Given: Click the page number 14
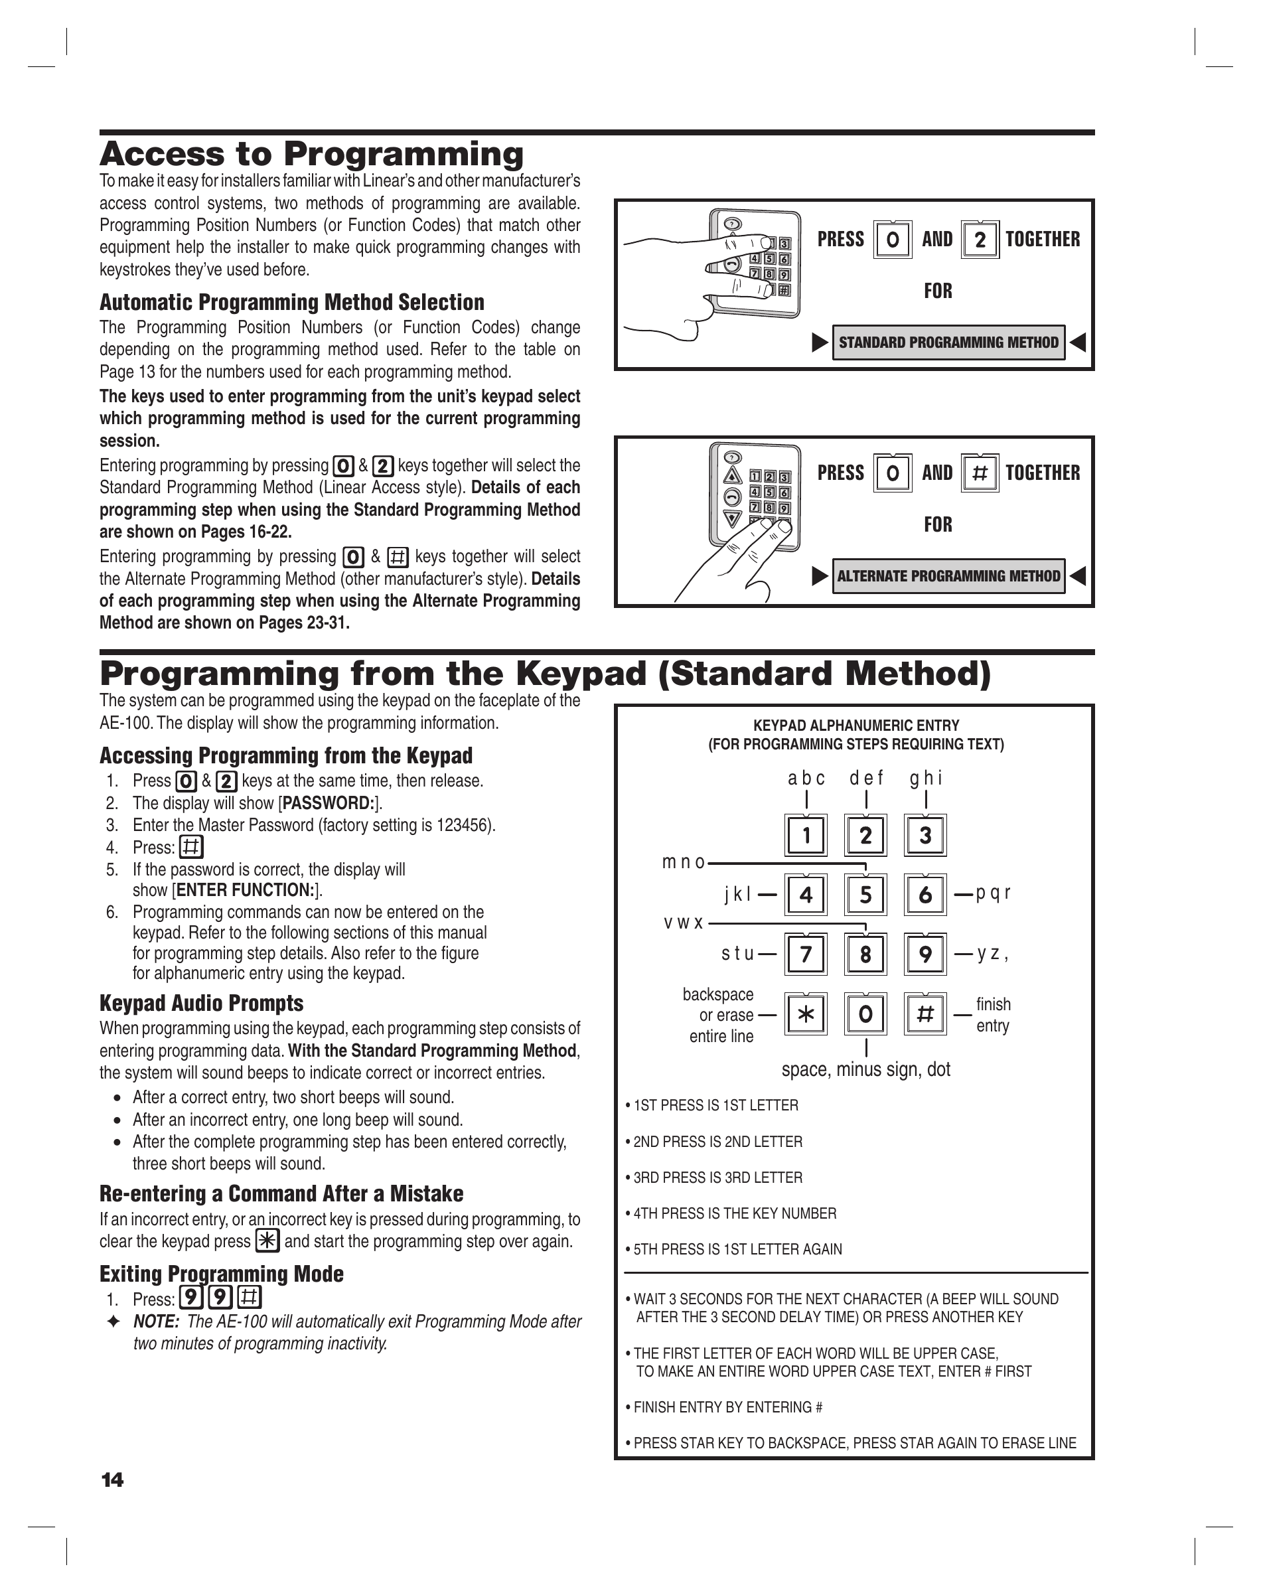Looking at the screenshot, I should coord(112,1480).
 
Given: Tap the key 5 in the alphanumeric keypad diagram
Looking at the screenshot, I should coord(865,895).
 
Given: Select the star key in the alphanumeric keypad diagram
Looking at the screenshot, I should coord(806,1015).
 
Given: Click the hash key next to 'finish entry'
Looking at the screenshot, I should coord(925,1015).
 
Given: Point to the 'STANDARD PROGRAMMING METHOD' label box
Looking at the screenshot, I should coord(948,342).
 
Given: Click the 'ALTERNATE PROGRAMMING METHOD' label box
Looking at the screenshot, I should coord(948,575).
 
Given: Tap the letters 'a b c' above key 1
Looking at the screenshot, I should coord(806,778).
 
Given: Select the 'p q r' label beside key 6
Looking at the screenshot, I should coord(993,893).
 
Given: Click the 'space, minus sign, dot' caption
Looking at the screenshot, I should coord(865,1069).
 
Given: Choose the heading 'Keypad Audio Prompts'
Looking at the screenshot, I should coord(202,1003).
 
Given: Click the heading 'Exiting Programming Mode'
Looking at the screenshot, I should coord(222,1274).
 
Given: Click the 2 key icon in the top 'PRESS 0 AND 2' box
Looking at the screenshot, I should coord(980,240).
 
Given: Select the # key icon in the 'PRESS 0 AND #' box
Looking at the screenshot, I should coord(980,473).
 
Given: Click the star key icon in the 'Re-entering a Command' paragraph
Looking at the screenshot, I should coord(267,1241).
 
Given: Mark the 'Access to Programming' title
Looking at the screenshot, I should coord(311,154).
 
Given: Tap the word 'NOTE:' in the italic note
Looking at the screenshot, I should coord(156,1322).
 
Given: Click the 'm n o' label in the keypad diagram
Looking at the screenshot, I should coord(684,862).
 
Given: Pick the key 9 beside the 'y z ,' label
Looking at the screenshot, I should coord(925,954).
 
